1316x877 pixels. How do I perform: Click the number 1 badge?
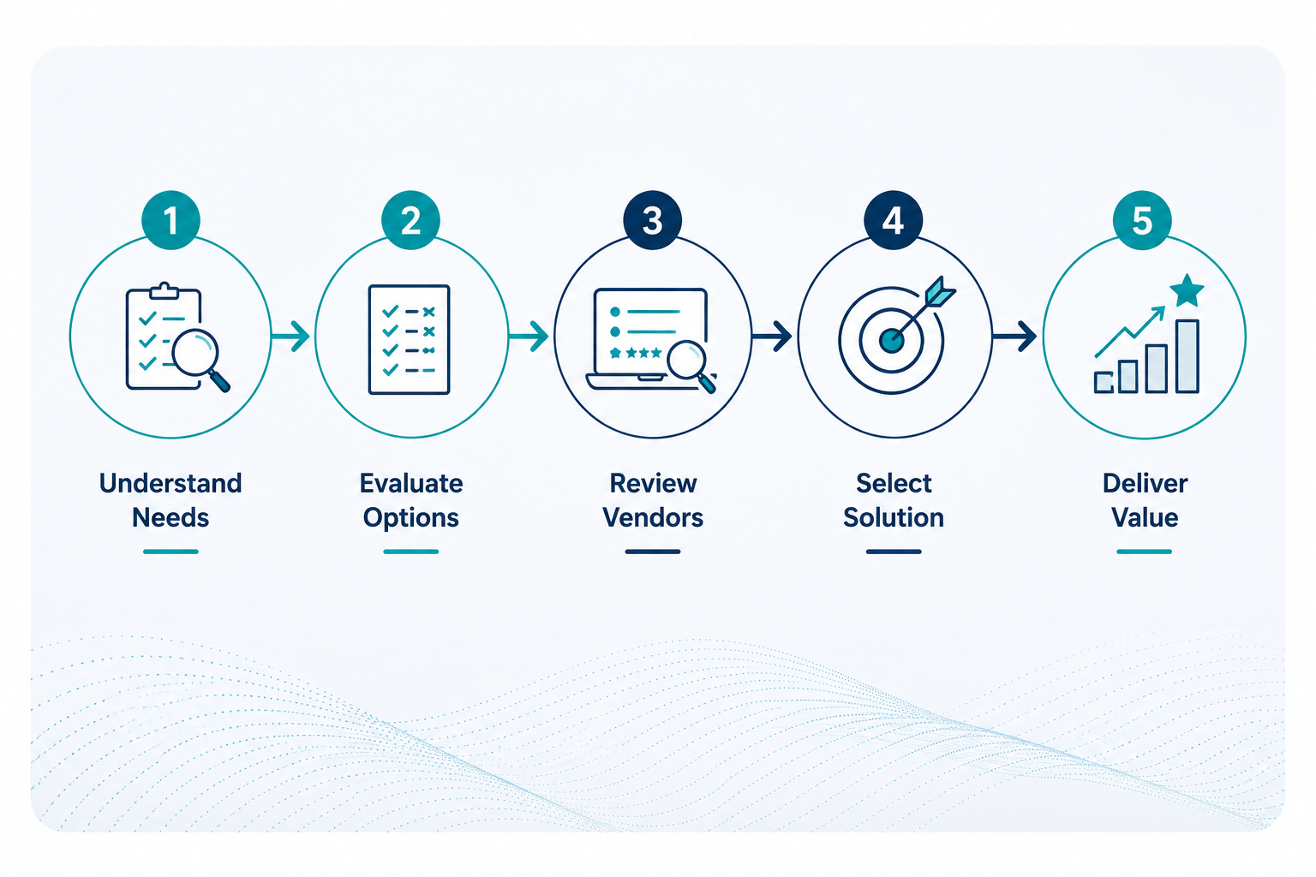coord(171,220)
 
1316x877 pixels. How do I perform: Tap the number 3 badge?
coord(652,220)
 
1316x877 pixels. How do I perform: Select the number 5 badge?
coord(1142,220)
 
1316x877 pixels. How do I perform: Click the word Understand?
coord(170,483)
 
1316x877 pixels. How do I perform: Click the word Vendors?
coord(653,517)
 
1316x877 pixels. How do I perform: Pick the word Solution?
coord(894,517)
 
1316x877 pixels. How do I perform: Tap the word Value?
coord(1145,517)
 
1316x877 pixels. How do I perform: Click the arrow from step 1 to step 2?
coord(290,336)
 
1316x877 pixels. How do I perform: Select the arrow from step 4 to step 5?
coord(1014,336)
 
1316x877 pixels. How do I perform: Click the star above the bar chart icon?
coord(1187,290)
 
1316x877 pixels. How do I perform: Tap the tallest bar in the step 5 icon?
coord(1187,356)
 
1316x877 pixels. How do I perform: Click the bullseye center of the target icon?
coord(891,339)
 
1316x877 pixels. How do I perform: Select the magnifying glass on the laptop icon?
coord(691,365)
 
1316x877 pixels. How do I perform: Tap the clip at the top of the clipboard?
coord(164,291)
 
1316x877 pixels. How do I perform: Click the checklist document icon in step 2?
coord(409,339)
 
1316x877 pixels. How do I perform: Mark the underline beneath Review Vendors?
coord(653,552)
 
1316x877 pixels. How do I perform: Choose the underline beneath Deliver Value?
coord(1145,552)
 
